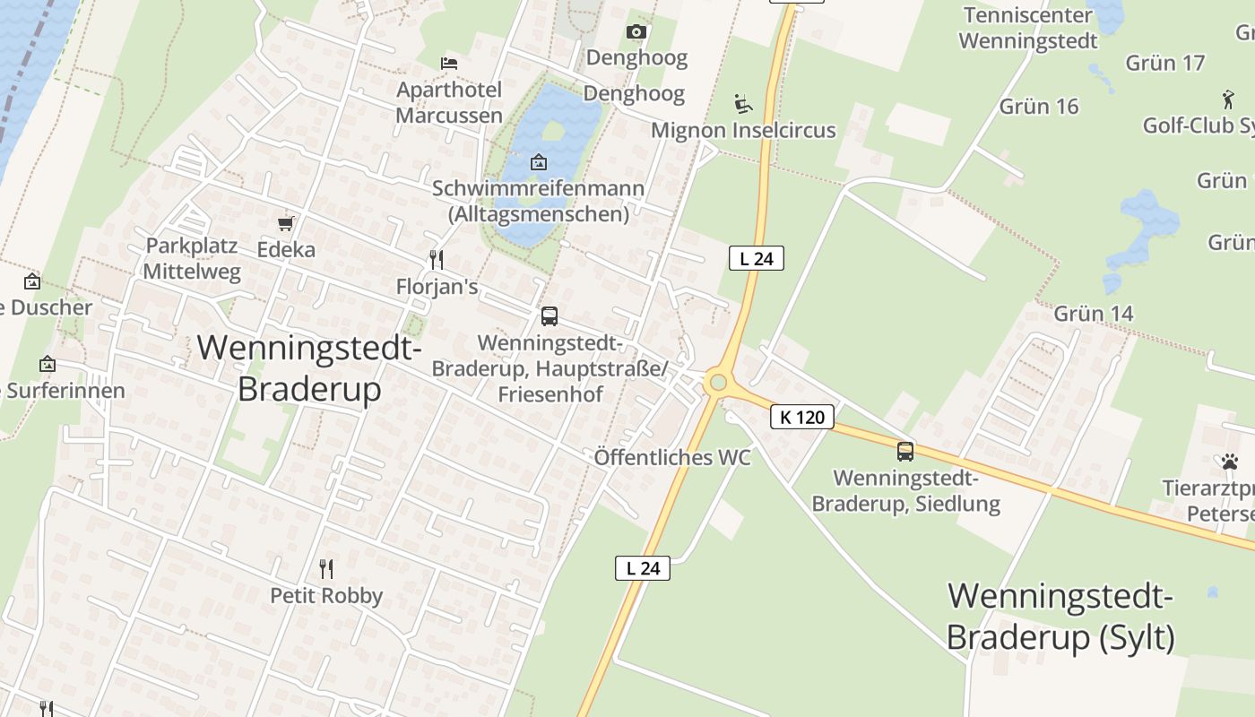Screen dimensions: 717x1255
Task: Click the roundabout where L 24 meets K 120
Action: pos(717,383)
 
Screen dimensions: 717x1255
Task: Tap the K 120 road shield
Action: pos(802,417)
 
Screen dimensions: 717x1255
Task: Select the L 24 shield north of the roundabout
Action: pos(757,259)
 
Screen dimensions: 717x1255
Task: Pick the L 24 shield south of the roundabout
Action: pos(643,567)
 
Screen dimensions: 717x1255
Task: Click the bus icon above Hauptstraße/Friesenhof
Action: pos(550,316)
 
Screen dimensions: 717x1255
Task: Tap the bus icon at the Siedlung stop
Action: pos(905,452)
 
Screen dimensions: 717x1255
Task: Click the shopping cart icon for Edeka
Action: pos(286,223)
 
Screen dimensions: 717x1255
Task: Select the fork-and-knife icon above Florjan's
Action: pos(437,260)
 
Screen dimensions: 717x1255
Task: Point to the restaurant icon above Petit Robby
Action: pos(326,568)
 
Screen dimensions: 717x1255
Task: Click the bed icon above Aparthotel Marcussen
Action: pos(449,63)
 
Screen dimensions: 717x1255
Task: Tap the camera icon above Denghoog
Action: pos(636,32)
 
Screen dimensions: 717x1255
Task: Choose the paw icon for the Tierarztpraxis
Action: pos(1229,462)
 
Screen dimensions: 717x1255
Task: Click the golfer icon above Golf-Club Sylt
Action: pos(1228,99)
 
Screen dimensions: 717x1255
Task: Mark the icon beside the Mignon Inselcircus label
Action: pos(742,104)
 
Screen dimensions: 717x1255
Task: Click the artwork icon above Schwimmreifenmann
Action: pos(539,162)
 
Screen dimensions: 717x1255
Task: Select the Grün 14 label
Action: pos(1094,314)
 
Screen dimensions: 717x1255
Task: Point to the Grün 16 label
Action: pos(1039,106)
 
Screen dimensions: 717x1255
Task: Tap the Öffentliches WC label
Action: pos(672,457)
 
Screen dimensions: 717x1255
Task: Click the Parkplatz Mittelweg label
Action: pos(192,258)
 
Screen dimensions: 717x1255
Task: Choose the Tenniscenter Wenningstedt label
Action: pos(1028,28)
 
